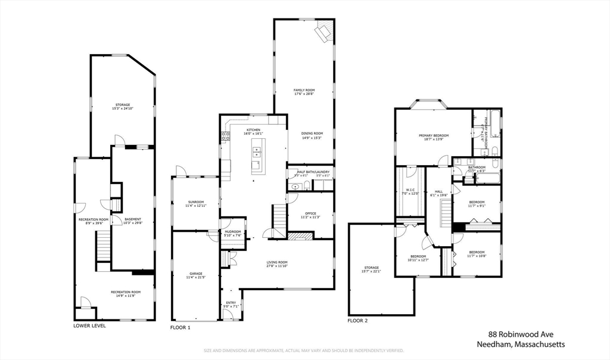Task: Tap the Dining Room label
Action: [312, 135]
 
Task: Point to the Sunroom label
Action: [196, 203]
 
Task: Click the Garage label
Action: [196, 275]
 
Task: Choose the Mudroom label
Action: [233, 232]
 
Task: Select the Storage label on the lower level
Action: [123, 105]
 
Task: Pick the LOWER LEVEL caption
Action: [90, 326]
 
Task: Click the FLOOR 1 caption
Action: [180, 328]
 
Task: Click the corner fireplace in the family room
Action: [324, 32]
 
